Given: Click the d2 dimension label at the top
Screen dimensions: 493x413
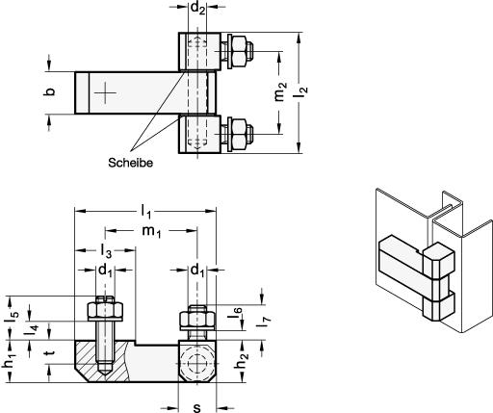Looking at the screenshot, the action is coord(197,8).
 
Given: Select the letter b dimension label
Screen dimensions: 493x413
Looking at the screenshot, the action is coord(49,91).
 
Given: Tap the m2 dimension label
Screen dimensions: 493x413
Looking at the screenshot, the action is coord(280,91).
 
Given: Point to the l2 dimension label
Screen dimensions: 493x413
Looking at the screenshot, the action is coord(301,92).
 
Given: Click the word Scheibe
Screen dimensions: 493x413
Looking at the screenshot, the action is coord(130,163).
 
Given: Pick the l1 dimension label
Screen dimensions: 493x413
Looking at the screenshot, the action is coord(146,212).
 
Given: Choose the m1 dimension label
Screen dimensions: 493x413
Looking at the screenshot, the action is coord(151,231).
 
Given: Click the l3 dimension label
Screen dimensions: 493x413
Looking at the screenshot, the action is coord(106,251).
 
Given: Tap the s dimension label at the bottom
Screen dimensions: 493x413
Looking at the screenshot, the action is coord(196,407).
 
